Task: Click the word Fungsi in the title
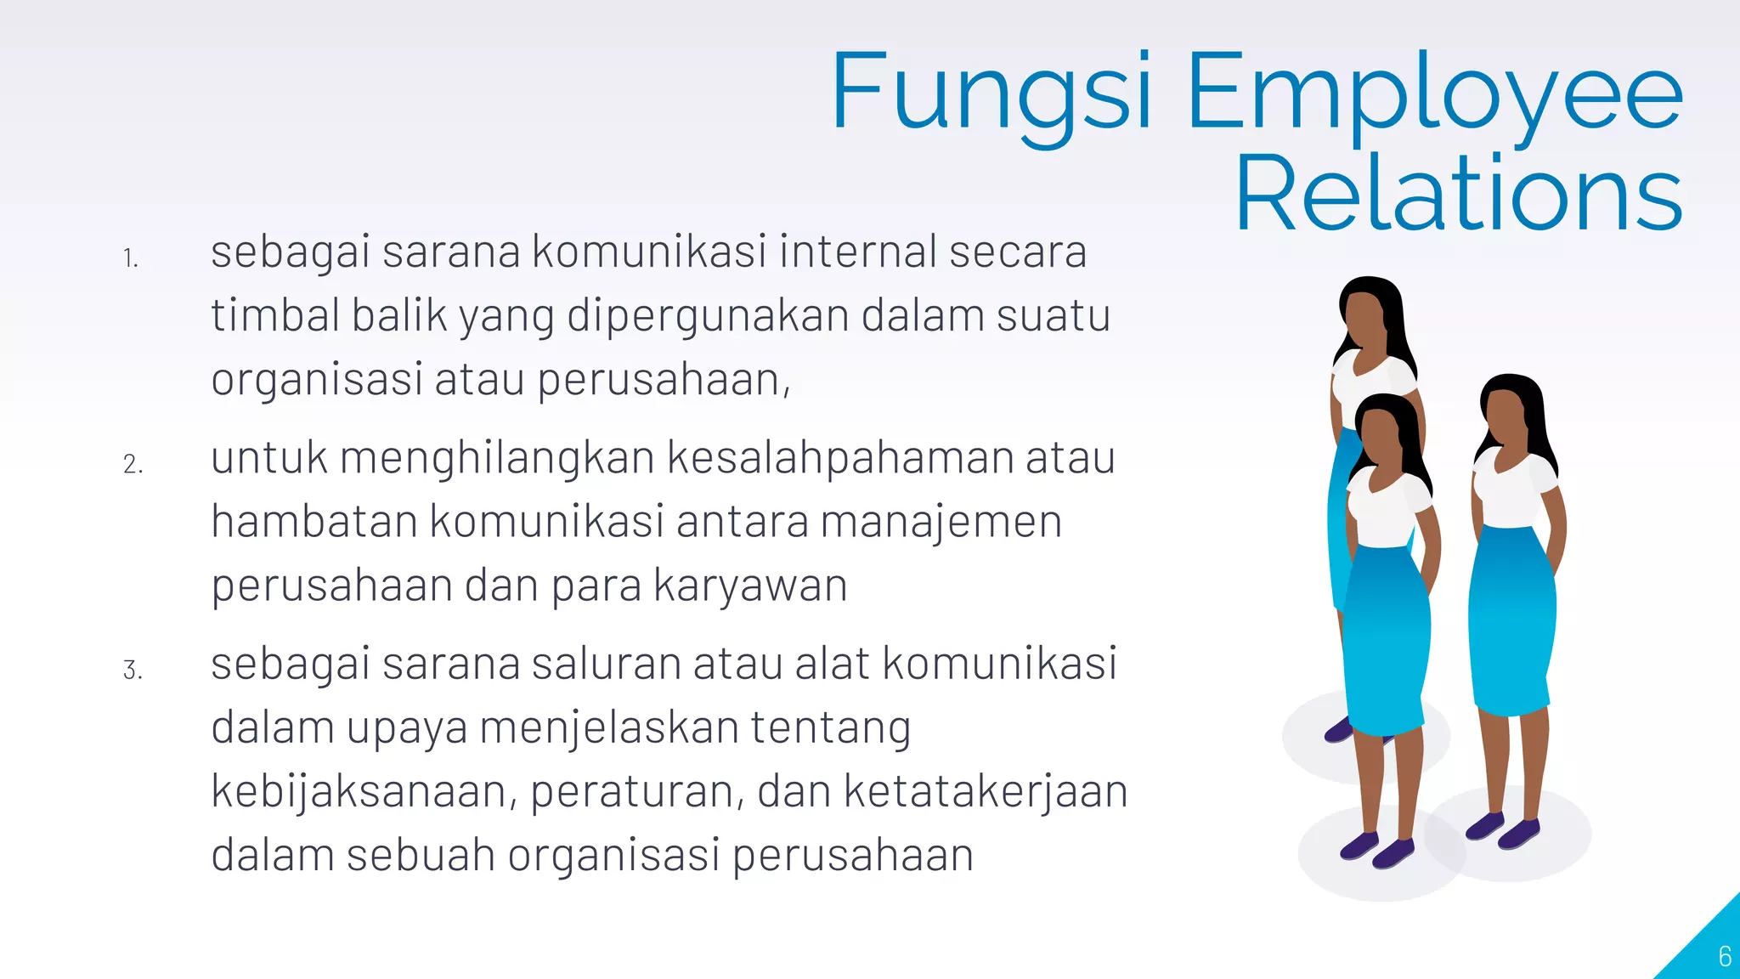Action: [991, 92]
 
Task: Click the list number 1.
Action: [130, 257]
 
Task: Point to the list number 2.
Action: [133, 464]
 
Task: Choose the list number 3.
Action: [133, 671]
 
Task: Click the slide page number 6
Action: [1724, 957]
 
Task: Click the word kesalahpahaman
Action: [839, 458]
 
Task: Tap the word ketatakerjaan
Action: [986, 791]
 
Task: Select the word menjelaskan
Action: [608, 728]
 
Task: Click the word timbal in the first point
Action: [275, 315]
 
